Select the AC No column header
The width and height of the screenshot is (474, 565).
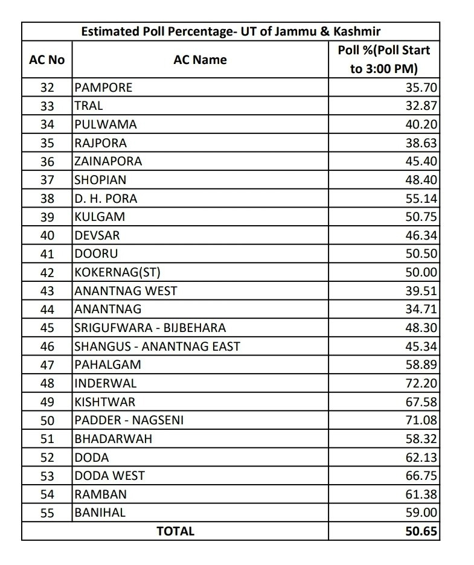(x=46, y=60)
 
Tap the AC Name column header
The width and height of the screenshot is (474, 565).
(x=200, y=60)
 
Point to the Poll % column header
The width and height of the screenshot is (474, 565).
(x=384, y=59)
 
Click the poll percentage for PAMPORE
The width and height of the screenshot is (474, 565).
(x=421, y=88)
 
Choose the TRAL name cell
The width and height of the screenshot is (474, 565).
(x=89, y=106)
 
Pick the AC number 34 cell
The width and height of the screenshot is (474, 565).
(x=46, y=124)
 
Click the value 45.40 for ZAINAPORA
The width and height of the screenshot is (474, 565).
(x=421, y=161)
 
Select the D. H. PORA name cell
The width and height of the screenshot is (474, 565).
(x=106, y=198)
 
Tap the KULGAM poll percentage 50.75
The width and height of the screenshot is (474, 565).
(x=421, y=217)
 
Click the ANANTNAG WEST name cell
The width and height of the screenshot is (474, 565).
(x=126, y=290)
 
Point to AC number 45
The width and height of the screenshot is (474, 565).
(x=46, y=328)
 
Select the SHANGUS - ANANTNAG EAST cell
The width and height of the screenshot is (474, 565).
(x=157, y=346)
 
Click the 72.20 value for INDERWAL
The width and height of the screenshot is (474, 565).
(x=421, y=383)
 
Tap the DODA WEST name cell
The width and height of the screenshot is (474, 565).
(x=109, y=476)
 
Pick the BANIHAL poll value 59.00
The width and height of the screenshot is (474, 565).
(x=421, y=512)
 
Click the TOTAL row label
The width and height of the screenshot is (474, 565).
(x=175, y=531)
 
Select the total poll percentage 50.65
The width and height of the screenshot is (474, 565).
(x=421, y=531)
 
